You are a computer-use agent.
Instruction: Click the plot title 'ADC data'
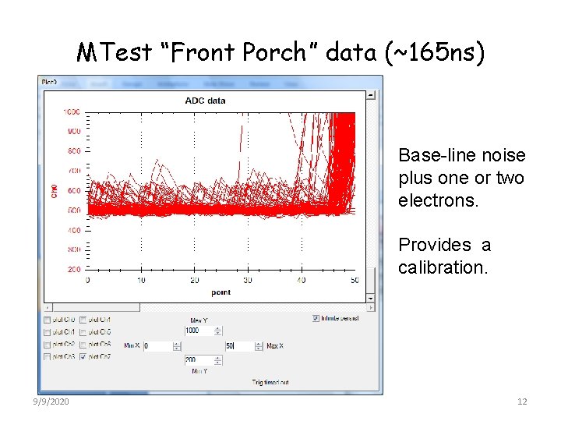[x=205, y=100]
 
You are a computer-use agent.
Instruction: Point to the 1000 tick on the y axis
[x=72, y=112]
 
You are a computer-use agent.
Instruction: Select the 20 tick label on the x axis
[x=194, y=281]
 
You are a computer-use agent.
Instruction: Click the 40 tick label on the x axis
[x=302, y=281]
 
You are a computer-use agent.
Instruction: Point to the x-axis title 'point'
[x=221, y=292]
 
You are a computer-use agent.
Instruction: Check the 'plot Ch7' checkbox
[x=83, y=357]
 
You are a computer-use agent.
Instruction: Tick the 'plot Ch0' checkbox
[x=48, y=320]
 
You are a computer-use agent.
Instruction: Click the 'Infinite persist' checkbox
[x=315, y=318]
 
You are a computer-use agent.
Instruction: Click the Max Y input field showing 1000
[x=202, y=331]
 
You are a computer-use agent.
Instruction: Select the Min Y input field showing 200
[x=202, y=360]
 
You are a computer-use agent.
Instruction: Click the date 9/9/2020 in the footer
[x=51, y=402]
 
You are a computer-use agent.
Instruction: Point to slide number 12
[x=522, y=402]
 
